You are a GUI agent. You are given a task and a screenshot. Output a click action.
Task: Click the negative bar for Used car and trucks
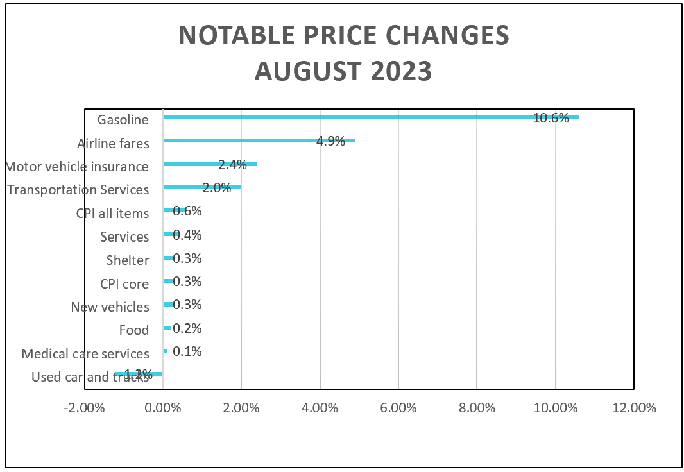point(138,374)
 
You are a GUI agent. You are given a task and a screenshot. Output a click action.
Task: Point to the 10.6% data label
point(551,118)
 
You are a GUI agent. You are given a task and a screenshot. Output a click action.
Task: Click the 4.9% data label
point(331,141)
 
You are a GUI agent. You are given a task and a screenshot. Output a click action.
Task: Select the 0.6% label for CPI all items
point(187,212)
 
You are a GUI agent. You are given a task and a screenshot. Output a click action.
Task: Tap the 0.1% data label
point(187,351)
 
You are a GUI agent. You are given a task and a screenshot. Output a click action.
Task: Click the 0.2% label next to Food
point(187,328)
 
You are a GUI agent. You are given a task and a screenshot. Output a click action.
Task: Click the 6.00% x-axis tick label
point(398,408)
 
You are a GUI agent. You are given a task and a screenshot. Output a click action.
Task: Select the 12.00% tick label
point(633,408)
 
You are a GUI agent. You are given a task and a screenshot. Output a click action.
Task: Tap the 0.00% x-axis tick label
point(163,408)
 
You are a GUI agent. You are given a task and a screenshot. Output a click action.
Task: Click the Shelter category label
point(128,260)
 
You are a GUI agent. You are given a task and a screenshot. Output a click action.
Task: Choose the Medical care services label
point(85,354)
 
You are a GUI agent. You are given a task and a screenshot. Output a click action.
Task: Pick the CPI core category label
point(124,284)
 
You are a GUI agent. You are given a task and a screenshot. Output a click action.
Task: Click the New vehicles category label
point(110,307)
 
